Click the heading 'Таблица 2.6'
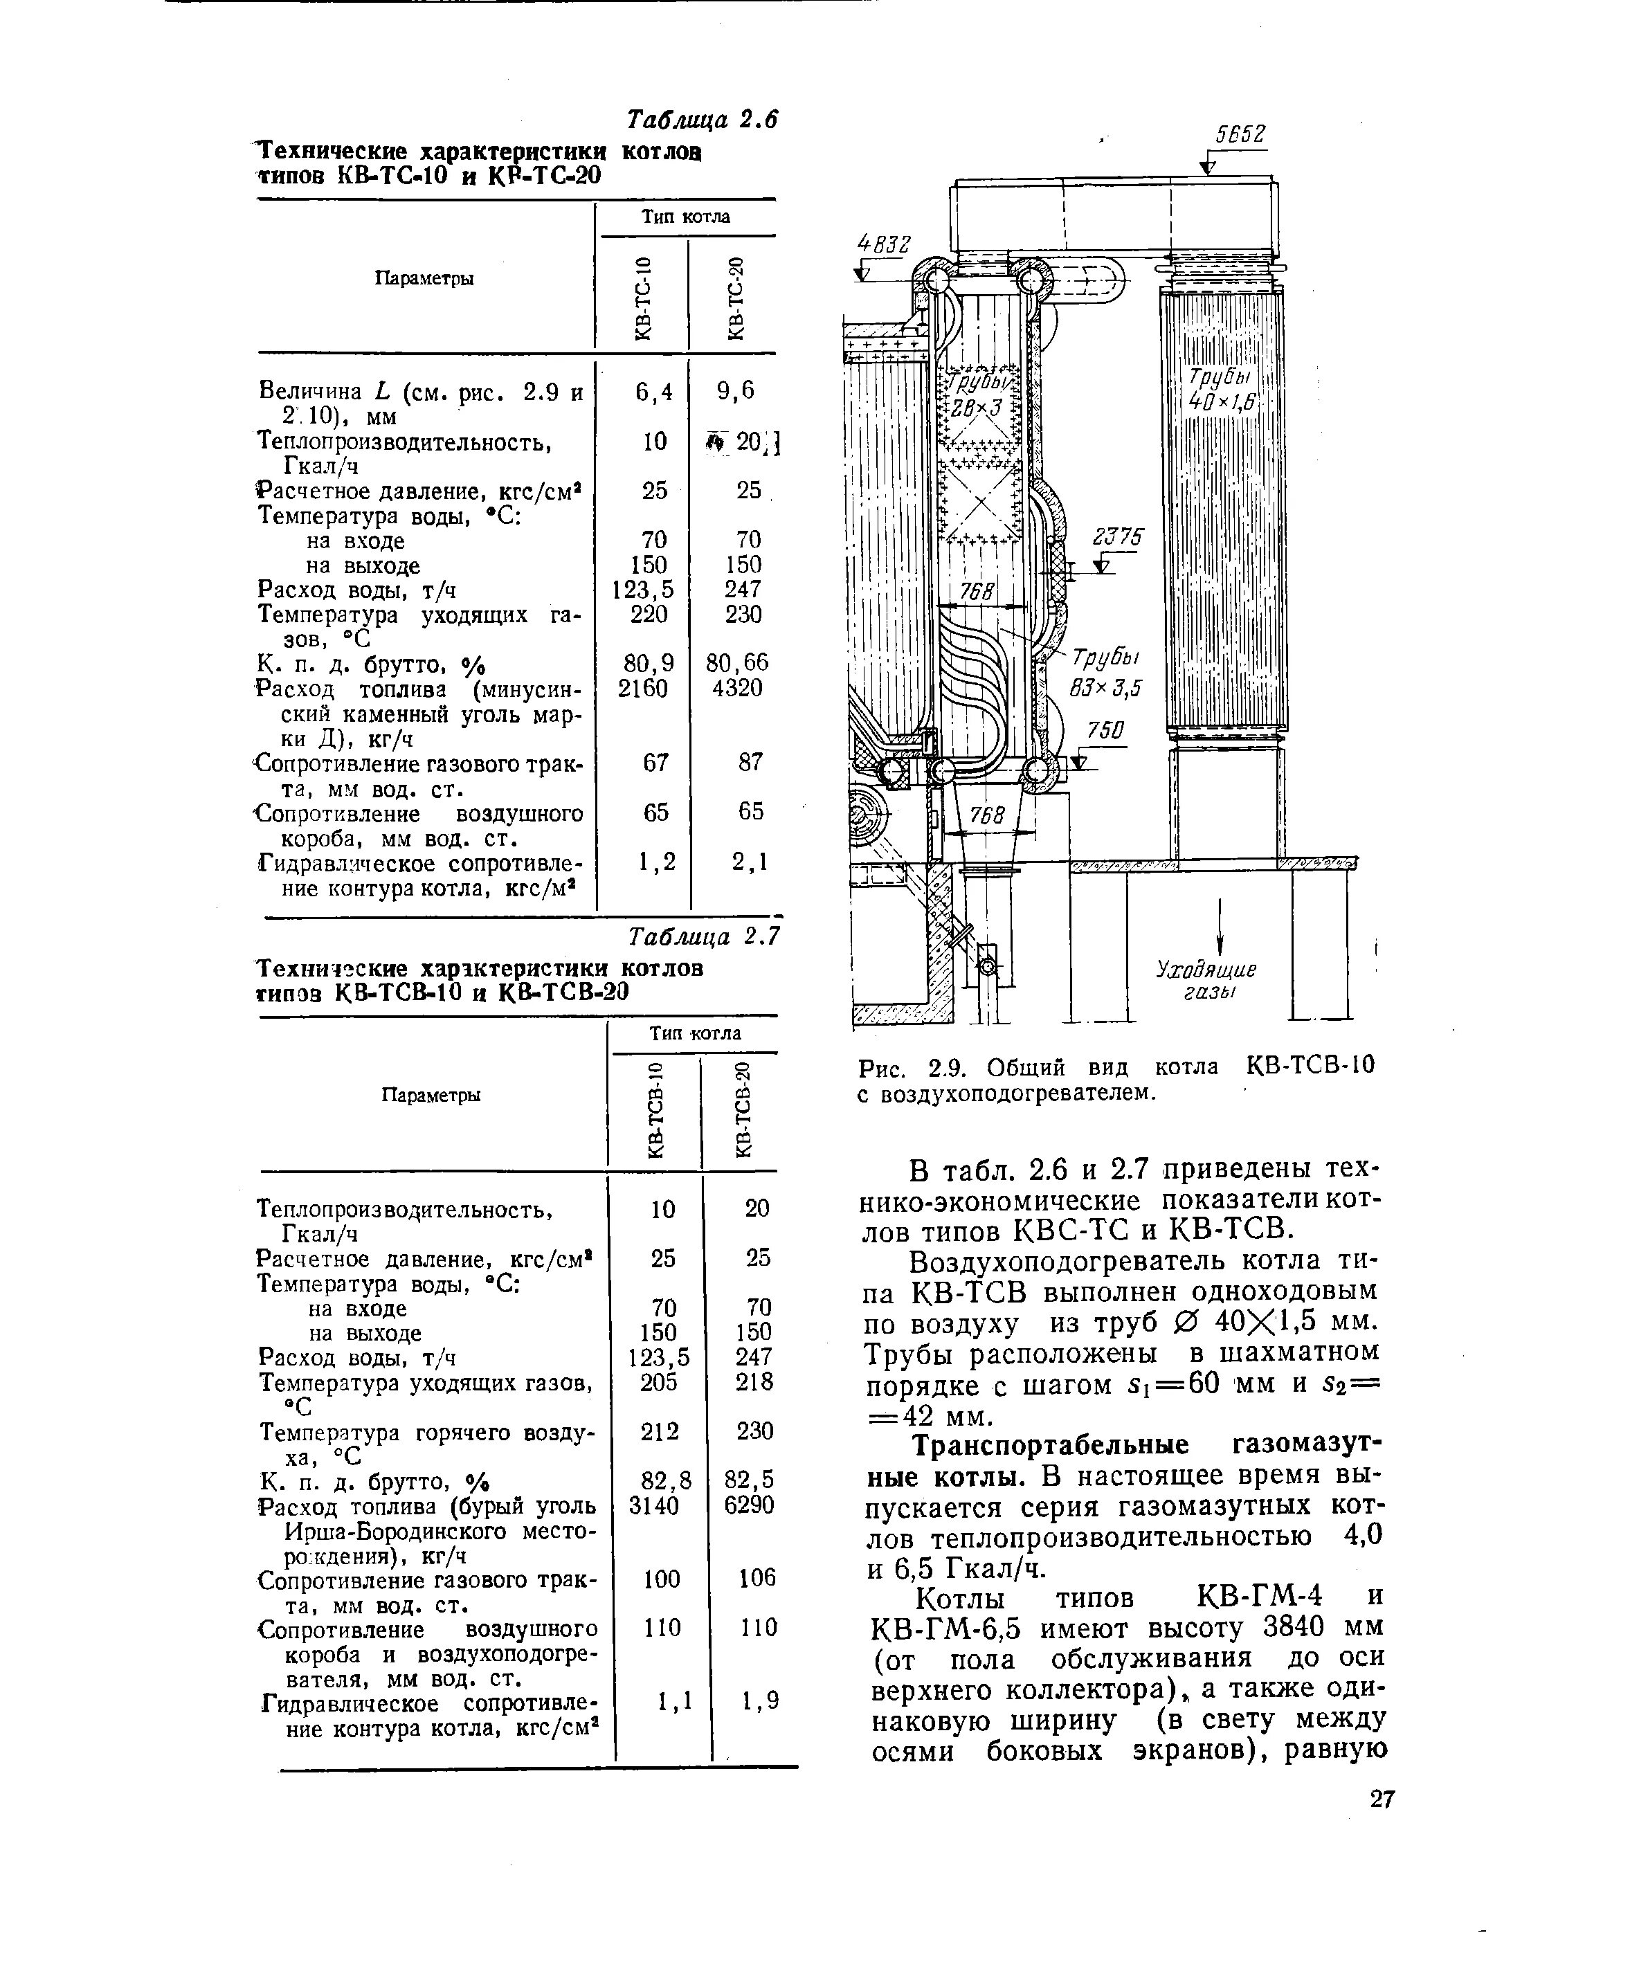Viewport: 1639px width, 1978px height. pyautogui.click(x=702, y=120)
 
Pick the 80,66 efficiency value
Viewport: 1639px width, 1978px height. pyautogui.click(x=738, y=663)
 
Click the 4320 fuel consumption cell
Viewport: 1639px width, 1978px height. pyautogui.click(x=738, y=689)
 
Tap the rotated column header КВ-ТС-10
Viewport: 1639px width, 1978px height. pyautogui.click(x=642, y=297)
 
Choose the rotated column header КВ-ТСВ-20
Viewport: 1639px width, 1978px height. pyautogui.click(x=743, y=1109)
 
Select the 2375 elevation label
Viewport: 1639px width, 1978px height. pyautogui.click(x=1117, y=537)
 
